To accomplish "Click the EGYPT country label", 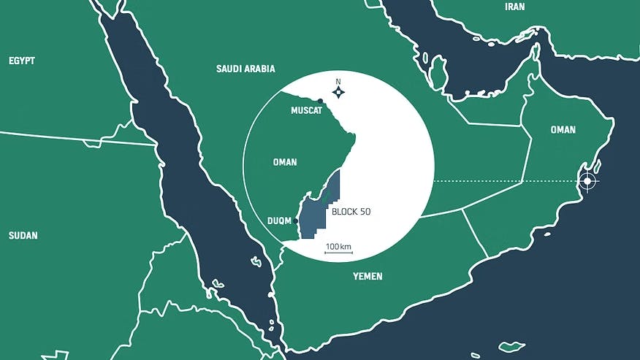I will pos(22,61).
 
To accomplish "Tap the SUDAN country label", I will pos(23,236).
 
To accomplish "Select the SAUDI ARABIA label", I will pos(245,69).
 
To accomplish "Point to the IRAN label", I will pos(514,7).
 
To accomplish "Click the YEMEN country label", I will pos(367,277).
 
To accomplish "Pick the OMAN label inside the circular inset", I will pos(285,162).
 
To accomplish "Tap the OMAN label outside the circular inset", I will pos(563,130).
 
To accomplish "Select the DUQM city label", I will pos(281,220).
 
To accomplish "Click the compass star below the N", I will pos(338,92).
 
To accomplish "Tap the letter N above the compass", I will pos(338,81).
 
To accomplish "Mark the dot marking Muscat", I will pos(320,101).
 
